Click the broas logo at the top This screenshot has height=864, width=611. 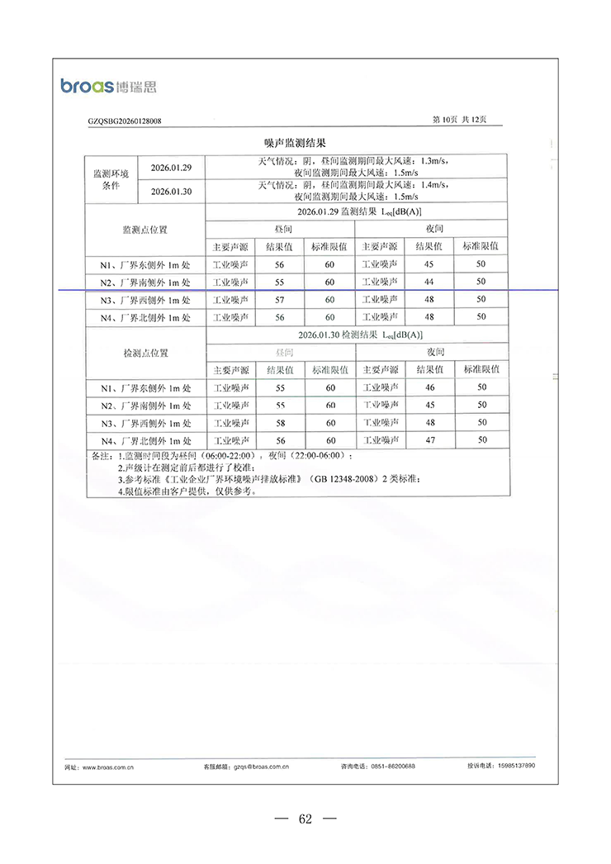[108, 86]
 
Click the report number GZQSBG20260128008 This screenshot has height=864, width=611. [125, 121]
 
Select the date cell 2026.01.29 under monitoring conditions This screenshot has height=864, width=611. [172, 168]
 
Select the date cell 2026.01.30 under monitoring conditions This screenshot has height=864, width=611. [172, 192]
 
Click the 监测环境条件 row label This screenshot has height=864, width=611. [111, 180]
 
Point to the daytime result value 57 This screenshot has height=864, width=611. [279, 300]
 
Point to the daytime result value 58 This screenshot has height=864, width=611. [280, 423]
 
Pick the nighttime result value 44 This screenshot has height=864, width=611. [429, 282]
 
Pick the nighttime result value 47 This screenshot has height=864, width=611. [429, 441]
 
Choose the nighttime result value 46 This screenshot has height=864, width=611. [429, 387]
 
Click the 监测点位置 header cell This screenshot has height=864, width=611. [145, 229]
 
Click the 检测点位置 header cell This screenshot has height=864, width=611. [145, 353]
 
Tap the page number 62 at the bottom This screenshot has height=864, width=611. [305, 819]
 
